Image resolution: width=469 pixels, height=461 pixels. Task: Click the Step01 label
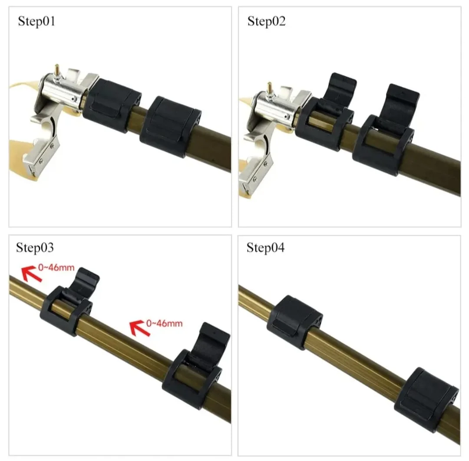pos(36,21)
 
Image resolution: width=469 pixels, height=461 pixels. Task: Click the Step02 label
pos(267,21)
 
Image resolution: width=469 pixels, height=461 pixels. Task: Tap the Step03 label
pos(35,247)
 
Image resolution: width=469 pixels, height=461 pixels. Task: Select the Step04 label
pos(265,247)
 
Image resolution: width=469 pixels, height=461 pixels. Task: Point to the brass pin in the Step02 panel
pos(270,87)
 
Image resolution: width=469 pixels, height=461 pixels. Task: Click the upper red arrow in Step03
pos(32,274)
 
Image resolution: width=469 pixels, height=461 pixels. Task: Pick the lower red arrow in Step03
pos(140,328)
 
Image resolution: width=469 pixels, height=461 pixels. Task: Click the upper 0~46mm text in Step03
pos(56,267)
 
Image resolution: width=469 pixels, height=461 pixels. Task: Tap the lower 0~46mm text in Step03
pos(164,323)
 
